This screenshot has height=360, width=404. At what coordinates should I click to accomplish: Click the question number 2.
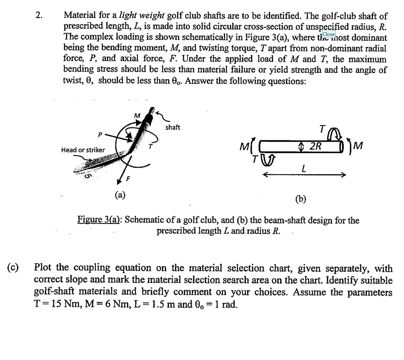(x=39, y=16)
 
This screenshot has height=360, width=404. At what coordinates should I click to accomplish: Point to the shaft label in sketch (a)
(x=173, y=127)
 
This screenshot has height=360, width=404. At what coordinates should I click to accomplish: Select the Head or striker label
(x=83, y=150)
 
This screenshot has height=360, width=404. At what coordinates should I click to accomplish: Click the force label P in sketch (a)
(x=100, y=135)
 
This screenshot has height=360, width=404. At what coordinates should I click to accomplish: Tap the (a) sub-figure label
(x=120, y=194)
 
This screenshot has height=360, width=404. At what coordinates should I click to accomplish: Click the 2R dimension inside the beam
(x=314, y=146)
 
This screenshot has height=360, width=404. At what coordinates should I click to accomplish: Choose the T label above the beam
(x=322, y=128)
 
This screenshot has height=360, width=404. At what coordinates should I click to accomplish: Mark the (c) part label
(x=13, y=268)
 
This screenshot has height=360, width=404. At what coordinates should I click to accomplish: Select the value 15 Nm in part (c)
(x=63, y=304)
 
